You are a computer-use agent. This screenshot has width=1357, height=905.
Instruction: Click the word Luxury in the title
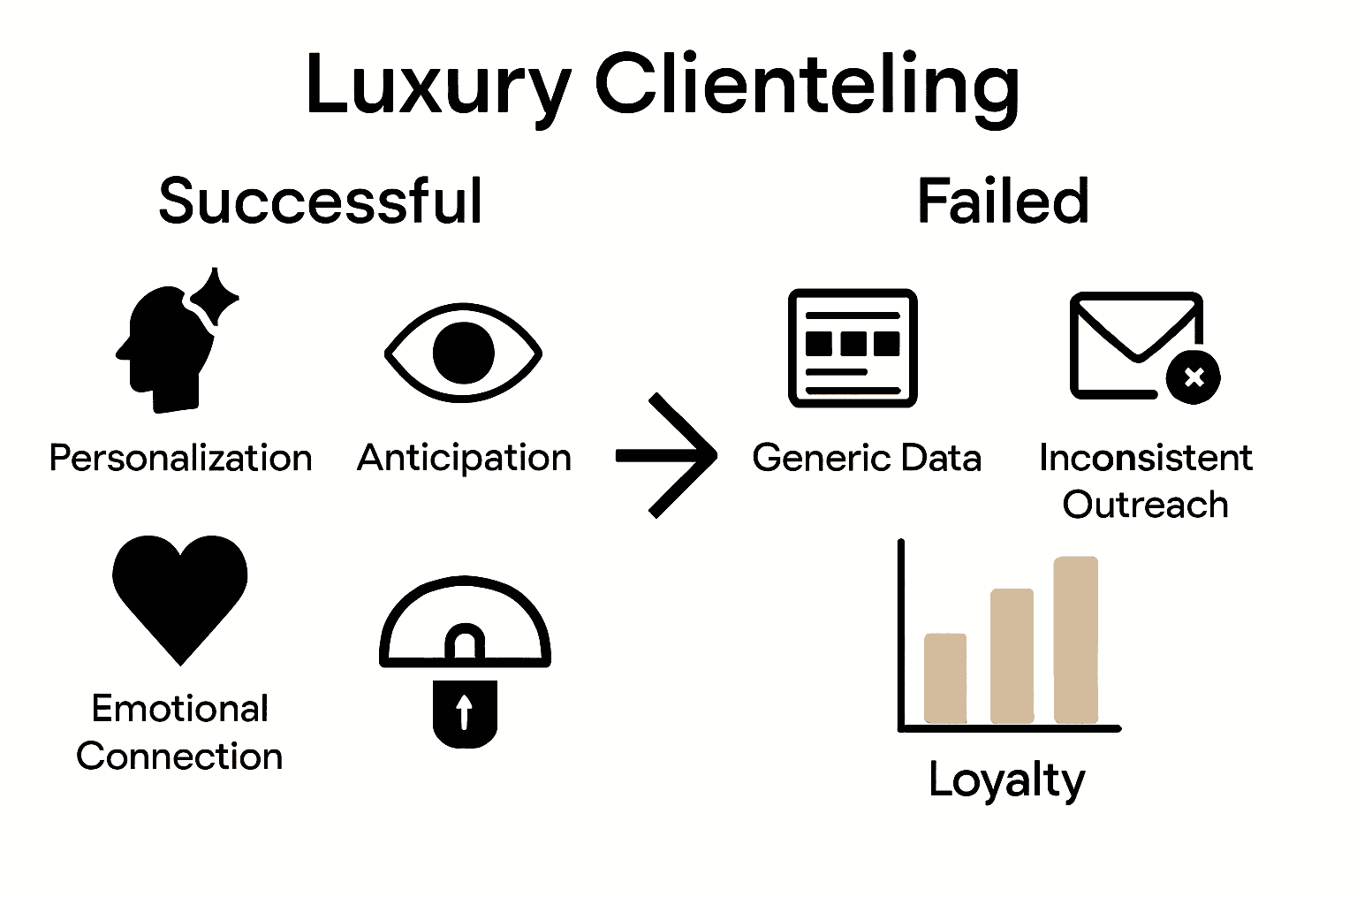[437, 86]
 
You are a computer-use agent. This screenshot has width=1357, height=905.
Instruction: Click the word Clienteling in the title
[807, 86]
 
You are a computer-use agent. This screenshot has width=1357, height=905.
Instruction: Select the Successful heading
[321, 202]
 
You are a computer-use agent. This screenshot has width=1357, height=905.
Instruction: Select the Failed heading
[1003, 202]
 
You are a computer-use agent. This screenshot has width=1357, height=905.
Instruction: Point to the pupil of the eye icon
[463, 353]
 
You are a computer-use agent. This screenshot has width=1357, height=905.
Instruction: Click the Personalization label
[180, 459]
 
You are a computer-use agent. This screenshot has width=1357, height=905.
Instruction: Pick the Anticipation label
[464, 458]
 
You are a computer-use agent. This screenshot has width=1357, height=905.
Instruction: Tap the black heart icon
[180, 592]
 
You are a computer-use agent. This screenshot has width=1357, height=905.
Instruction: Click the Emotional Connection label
[179, 733]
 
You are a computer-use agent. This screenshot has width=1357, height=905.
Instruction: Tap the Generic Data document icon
[853, 348]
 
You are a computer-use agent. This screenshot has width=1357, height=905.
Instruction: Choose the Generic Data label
[867, 459]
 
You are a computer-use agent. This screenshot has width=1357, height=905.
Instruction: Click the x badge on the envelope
[1194, 377]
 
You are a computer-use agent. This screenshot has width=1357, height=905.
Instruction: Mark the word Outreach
[1145, 505]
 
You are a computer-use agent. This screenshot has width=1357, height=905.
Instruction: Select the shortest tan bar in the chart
[944, 678]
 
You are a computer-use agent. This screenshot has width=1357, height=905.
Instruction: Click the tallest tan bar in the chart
[1076, 639]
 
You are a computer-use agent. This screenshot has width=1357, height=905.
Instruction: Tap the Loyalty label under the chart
[1006, 780]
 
